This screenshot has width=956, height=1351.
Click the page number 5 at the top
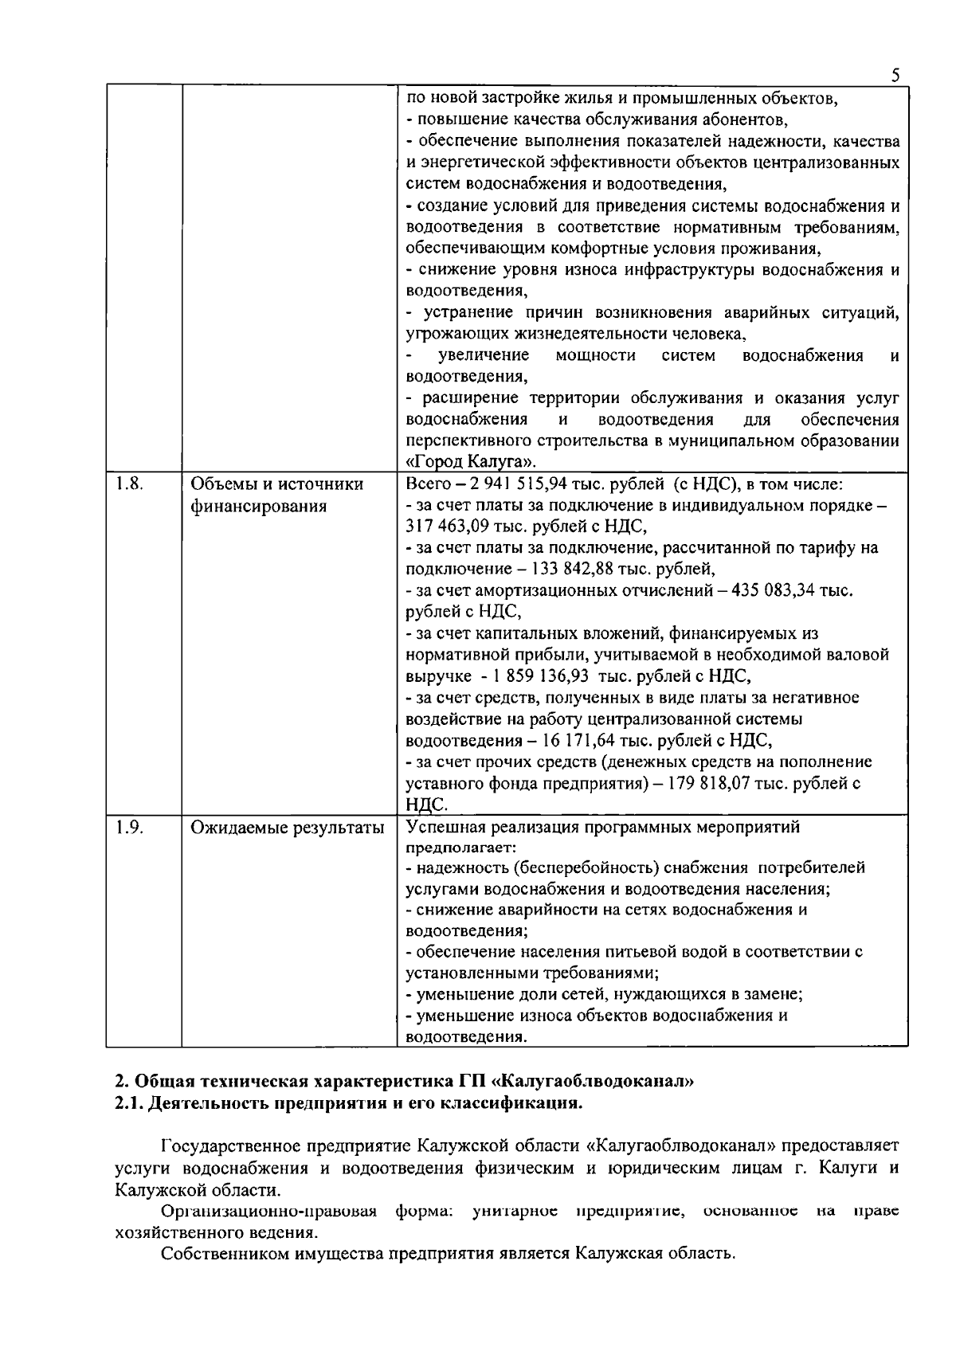pyautogui.click(x=895, y=76)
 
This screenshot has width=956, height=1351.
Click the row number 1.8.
pyautogui.click(x=129, y=484)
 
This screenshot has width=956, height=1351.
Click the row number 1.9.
pyautogui.click(x=129, y=827)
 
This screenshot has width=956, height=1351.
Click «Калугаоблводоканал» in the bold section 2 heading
pyautogui.click(x=595, y=1082)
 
